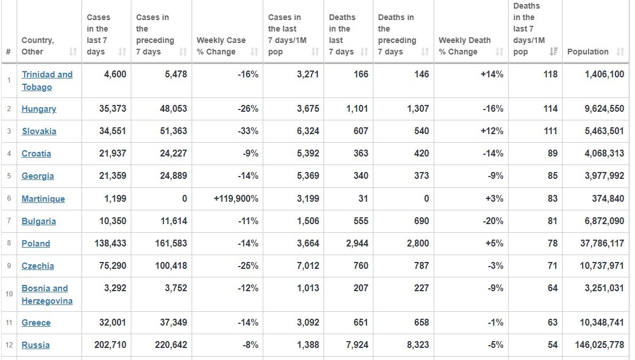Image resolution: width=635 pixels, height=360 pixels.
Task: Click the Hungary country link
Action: [x=39, y=109]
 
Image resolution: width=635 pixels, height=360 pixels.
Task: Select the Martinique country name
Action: [x=43, y=199]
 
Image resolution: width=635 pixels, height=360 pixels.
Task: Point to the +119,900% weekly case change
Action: [x=235, y=199]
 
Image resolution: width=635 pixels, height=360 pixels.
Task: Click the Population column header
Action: [x=587, y=52]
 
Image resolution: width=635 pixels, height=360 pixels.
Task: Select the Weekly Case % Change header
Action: [x=221, y=46]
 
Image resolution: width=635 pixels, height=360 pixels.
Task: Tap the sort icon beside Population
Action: [x=620, y=52]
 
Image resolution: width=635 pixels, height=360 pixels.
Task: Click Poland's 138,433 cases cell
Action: [x=110, y=244]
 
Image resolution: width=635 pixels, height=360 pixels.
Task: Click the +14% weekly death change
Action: [x=492, y=75]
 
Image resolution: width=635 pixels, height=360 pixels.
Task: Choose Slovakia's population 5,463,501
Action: [x=601, y=131]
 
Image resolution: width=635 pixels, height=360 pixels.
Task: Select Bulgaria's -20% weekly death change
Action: [x=493, y=221]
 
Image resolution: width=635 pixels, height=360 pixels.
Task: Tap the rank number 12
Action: [x=9, y=345]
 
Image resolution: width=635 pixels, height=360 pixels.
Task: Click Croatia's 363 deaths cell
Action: [x=361, y=154]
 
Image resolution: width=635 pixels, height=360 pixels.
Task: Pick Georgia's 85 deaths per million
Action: [x=552, y=176]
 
